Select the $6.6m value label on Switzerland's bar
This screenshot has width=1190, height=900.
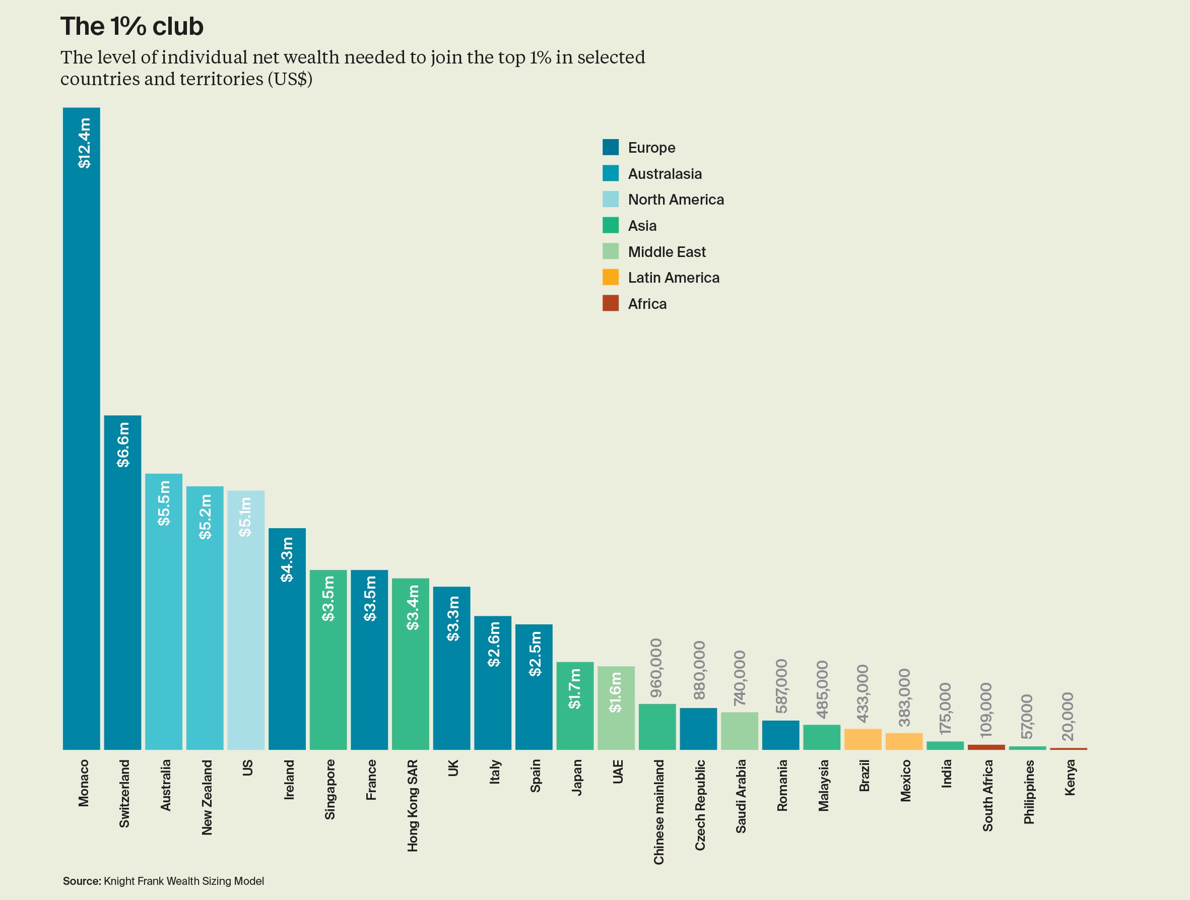click(123, 444)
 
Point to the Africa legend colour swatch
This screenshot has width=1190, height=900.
click(610, 303)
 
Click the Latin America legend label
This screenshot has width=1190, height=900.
click(674, 278)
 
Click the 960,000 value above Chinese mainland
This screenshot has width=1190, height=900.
click(656, 668)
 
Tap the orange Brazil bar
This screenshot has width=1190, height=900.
click(863, 739)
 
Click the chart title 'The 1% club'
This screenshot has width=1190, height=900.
click(132, 26)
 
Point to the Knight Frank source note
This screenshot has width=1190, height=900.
click(164, 881)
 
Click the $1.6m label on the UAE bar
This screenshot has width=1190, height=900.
click(616, 692)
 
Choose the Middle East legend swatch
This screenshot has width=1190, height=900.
click(610, 251)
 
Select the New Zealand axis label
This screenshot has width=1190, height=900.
click(207, 797)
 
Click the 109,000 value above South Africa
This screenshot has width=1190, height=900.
click(985, 710)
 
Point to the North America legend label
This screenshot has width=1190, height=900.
click(676, 200)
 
